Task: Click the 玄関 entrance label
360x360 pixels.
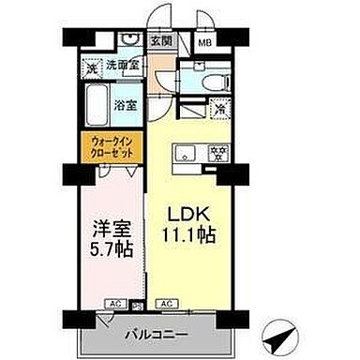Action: [x=160, y=42]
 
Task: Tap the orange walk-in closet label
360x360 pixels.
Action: [x=111, y=147]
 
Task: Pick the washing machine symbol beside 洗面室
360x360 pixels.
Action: [x=92, y=67]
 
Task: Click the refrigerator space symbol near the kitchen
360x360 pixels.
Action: [x=217, y=109]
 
